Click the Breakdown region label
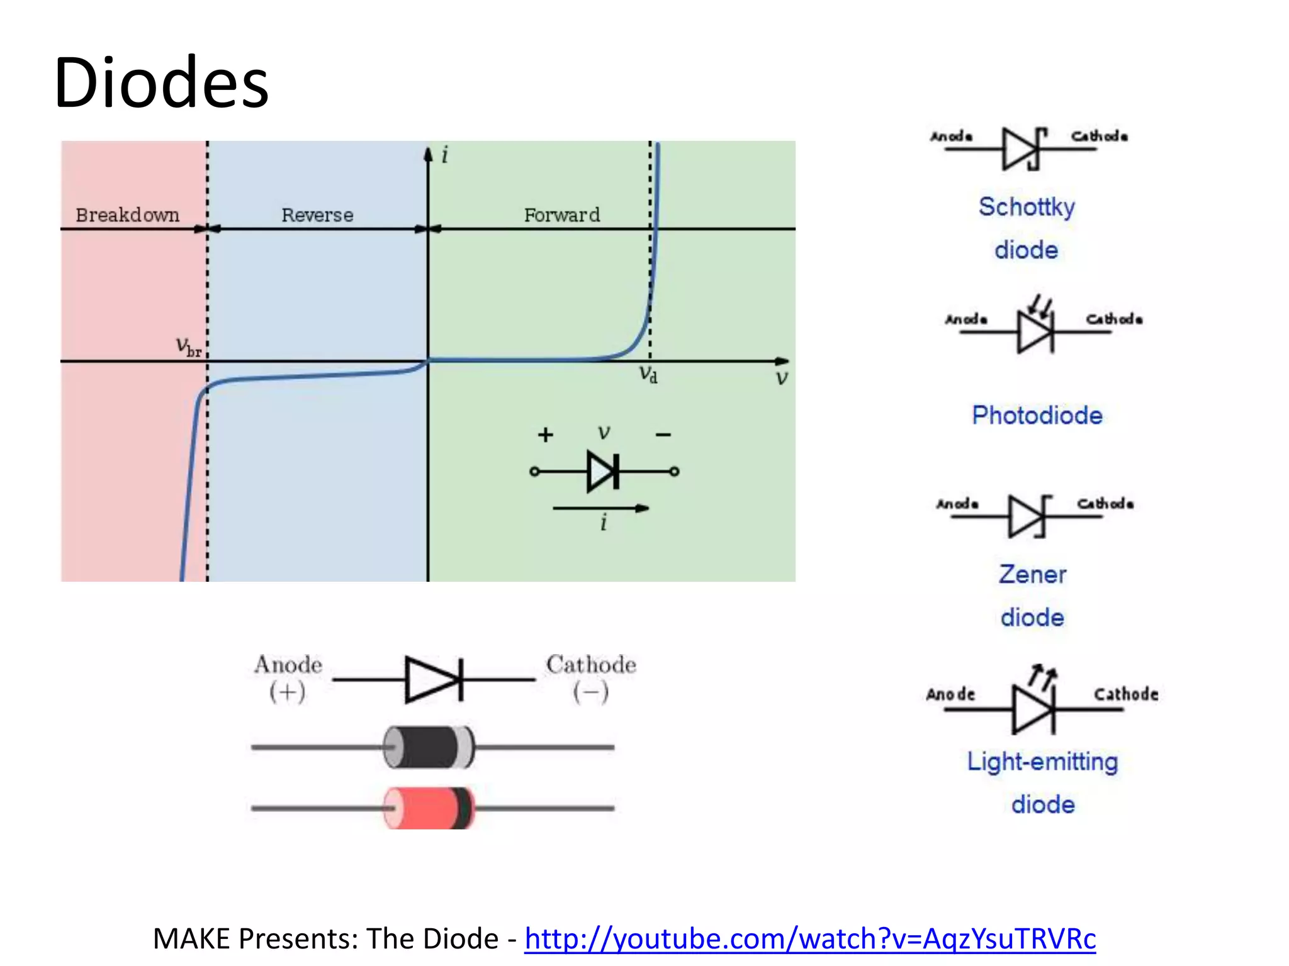click(x=127, y=215)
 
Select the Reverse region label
click(x=317, y=215)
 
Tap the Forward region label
click(x=562, y=215)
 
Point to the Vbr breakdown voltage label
click(x=188, y=347)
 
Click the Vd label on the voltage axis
click(x=648, y=374)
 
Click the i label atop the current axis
click(x=445, y=155)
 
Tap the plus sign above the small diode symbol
click(x=546, y=435)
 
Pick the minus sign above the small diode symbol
click(x=663, y=435)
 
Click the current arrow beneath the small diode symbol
click(x=600, y=508)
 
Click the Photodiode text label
click(x=1037, y=416)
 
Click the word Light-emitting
click(x=1042, y=762)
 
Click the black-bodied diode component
click(x=428, y=747)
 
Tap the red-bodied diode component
click(x=428, y=808)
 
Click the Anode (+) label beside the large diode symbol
click(x=288, y=677)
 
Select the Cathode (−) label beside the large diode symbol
click(x=591, y=677)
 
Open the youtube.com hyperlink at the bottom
click(x=810, y=939)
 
